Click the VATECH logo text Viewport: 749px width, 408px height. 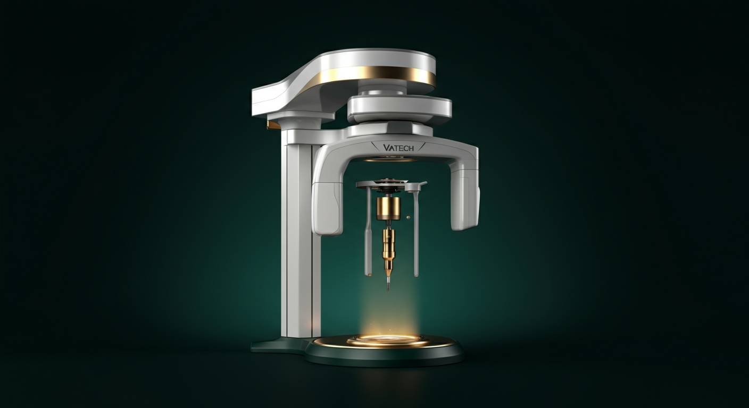coord(398,148)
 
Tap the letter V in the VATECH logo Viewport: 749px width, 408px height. coord(386,148)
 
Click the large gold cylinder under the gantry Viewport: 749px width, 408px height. coord(388,209)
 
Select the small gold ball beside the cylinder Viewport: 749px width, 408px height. coord(407,217)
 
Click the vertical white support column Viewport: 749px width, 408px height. coord(300,234)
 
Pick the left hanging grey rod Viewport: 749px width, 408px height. coord(368,231)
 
